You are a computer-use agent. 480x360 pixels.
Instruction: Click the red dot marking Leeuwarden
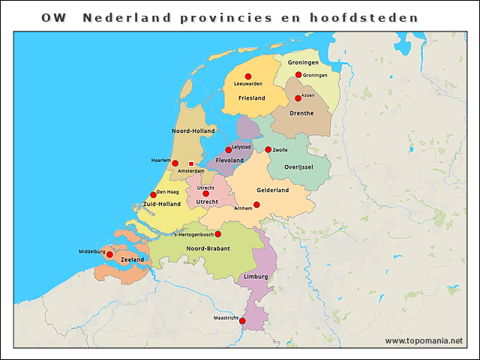pos(248,76)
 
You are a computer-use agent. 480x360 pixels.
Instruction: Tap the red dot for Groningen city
pos(298,75)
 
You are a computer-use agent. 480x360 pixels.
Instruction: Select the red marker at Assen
pos(298,98)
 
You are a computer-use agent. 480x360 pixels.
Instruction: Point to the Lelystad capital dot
pos(229,150)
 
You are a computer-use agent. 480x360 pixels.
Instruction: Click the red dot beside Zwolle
pos(268,149)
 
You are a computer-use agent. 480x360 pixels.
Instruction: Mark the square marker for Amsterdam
pos(191,163)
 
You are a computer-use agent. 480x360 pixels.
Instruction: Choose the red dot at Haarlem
pos(175,163)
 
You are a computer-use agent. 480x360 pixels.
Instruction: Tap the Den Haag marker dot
pos(153,195)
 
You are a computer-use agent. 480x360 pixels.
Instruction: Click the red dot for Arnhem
pos(256,204)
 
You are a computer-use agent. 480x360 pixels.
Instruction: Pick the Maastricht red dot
pos(242,321)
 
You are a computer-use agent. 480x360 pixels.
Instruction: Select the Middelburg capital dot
pos(109,255)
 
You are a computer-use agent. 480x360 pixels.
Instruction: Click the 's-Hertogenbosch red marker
pos(217,234)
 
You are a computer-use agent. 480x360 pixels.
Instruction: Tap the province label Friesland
pos(252,98)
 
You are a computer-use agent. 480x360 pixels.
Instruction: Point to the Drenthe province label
pos(302,112)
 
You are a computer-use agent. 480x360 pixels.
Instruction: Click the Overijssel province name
pos(298,166)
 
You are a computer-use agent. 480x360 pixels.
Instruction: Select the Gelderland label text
pos(272,190)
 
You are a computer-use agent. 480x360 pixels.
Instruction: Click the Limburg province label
pos(256,277)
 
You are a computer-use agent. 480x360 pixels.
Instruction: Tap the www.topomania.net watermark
pos(424,341)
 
